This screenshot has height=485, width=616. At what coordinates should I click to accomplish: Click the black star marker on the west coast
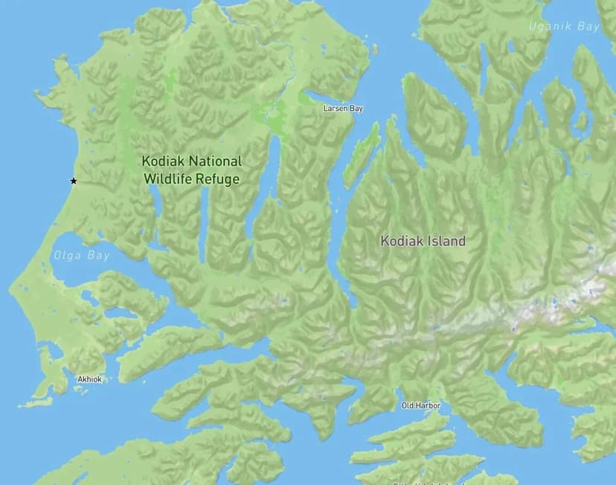click(73, 181)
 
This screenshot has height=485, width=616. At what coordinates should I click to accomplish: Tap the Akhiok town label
click(89, 379)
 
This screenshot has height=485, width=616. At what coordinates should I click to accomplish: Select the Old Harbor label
click(421, 405)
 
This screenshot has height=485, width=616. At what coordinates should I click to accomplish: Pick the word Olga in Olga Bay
click(68, 256)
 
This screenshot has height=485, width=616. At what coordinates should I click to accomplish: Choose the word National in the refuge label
click(215, 161)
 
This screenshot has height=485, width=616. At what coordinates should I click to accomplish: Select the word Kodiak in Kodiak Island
click(402, 241)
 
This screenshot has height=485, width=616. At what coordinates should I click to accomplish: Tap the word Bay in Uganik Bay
click(588, 26)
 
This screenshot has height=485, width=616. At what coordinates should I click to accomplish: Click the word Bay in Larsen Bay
click(356, 109)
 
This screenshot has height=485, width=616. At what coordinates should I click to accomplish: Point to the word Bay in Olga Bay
click(98, 256)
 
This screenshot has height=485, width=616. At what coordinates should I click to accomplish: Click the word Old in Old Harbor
click(408, 405)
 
